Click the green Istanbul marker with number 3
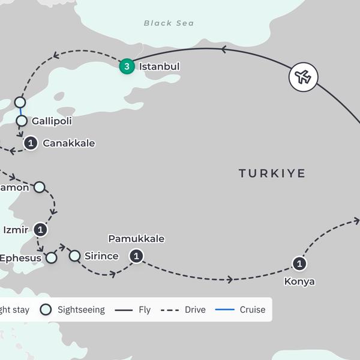click(127, 67)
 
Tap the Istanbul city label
click(159, 67)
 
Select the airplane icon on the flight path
click(303, 77)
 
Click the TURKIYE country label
click(272, 173)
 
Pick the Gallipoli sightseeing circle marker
click(22, 121)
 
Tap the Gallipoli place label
click(52, 121)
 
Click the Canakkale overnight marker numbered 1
click(31, 143)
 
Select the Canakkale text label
click(69, 143)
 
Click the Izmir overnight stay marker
click(40, 229)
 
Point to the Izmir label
click(16, 229)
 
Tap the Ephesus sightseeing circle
click(52, 258)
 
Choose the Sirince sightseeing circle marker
click(74, 256)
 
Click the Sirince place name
click(101, 256)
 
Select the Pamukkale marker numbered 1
click(137, 256)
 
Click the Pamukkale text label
click(136, 239)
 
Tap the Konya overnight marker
click(299, 263)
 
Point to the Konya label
click(299, 281)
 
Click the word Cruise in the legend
click(253, 310)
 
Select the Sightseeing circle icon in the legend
click(46, 310)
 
